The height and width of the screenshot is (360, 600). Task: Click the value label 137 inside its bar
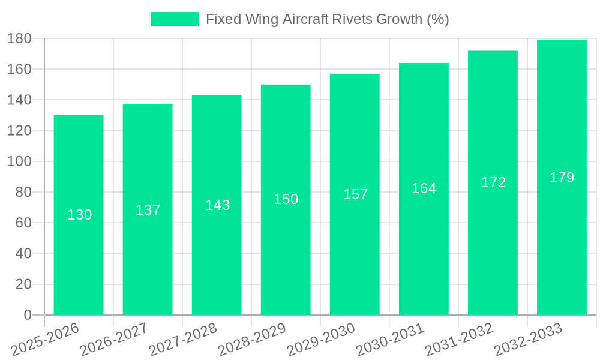(x=148, y=210)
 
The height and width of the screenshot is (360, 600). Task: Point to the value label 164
(x=424, y=188)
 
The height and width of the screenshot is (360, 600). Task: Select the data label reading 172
(x=493, y=182)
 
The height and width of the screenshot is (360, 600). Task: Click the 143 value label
(x=217, y=205)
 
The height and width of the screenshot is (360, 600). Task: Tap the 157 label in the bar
(x=355, y=194)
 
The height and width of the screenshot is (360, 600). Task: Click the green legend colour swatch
(x=174, y=19)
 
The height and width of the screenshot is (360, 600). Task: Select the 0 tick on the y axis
(x=27, y=315)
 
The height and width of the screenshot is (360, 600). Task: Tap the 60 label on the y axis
(x=23, y=223)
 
